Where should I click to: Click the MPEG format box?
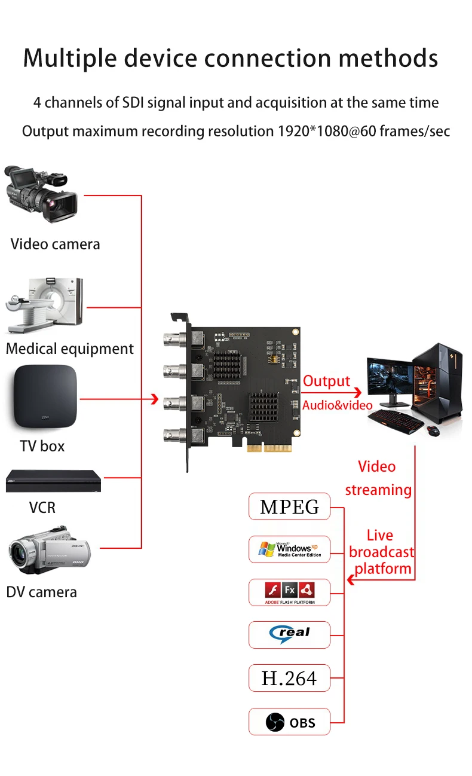tap(289, 507)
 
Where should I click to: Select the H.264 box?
tap(289, 678)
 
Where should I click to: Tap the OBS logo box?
tap(289, 722)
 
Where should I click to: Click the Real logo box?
tap(289, 634)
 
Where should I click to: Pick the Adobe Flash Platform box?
tap(289, 592)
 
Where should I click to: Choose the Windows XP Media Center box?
tap(289, 549)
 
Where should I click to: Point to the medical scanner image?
tap(45, 305)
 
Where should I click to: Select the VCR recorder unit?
tap(54, 481)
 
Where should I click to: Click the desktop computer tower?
tap(439, 382)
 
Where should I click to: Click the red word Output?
tap(326, 381)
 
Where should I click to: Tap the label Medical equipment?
tap(70, 349)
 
